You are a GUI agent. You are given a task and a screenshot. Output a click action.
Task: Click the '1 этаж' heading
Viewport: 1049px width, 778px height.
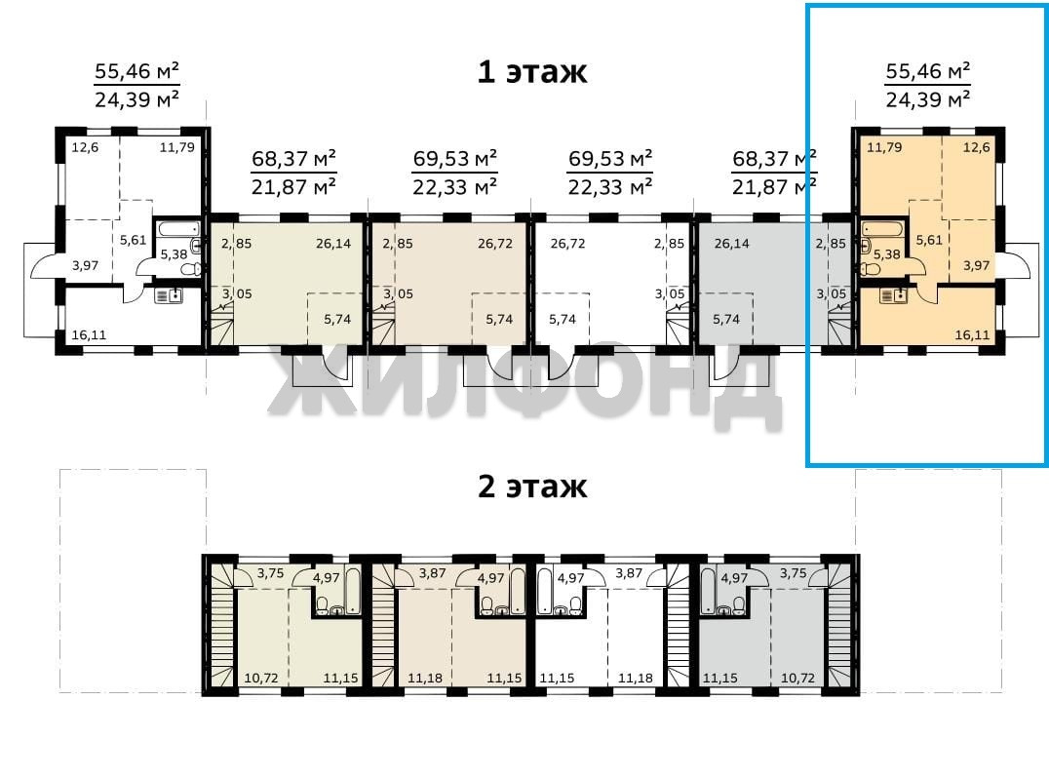(x=532, y=71)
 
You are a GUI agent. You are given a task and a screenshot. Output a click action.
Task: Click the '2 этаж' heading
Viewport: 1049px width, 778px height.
(x=532, y=486)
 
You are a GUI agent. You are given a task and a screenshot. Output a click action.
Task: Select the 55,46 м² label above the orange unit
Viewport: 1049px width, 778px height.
(x=928, y=70)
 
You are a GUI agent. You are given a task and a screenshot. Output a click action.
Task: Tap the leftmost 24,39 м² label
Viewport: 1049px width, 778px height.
(x=136, y=99)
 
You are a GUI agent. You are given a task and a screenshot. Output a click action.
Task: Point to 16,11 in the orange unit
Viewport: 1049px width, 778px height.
(x=972, y=334)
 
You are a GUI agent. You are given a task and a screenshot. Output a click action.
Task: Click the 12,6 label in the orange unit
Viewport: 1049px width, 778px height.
(x=976, y=147)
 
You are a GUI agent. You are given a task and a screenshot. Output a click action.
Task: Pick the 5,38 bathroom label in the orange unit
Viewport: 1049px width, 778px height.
(x=886, y=254)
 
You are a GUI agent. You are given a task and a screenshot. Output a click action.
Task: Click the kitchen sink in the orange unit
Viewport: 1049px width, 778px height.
(x=893, y=295)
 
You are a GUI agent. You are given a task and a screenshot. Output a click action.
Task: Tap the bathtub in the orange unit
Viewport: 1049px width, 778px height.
(x=882, y=229)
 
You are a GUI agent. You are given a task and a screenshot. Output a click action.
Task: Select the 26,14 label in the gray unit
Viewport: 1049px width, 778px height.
(x=731, y=244)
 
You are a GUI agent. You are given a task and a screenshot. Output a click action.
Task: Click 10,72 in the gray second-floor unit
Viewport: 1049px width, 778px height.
(x=798, y=678)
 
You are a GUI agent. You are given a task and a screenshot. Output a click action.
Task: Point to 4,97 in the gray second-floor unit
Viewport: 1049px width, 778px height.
(x=734, y=577)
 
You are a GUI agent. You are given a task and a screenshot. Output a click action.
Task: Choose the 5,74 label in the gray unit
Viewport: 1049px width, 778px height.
(x=726, y=319)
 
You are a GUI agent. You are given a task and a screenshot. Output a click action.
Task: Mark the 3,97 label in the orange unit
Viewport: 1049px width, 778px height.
(x=976, y=265)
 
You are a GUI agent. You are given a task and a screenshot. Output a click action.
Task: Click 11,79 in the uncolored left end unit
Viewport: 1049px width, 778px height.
(x=176, y=147)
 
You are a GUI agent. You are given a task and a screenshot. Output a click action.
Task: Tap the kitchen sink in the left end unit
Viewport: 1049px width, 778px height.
(x=169, y=295)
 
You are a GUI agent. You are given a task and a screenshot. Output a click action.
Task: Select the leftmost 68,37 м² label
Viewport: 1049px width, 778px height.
(x=293, y=159)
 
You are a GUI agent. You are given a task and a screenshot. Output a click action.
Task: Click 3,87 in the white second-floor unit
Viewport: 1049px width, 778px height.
(x=629, y=573)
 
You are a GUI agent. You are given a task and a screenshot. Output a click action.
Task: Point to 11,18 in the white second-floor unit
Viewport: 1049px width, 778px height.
(x=635, y=678)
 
